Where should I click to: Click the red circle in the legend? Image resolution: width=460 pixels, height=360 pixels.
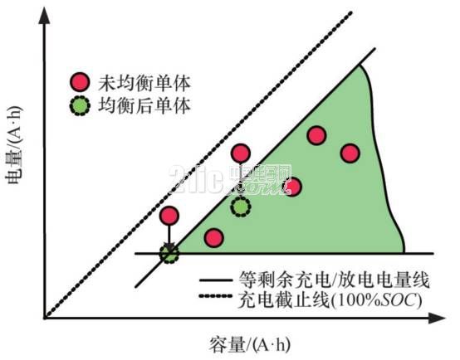80,82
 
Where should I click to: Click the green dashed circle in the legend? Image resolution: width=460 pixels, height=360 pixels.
80,105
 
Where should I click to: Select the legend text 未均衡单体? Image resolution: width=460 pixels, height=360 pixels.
144,83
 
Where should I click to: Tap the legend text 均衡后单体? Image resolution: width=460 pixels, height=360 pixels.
144,106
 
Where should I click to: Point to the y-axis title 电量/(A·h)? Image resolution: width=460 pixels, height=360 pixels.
13,145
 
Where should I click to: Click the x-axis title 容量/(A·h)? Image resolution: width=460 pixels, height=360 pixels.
249,344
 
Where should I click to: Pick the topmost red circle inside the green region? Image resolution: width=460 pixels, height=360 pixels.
317,135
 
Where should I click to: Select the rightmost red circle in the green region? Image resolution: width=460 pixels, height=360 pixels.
350,153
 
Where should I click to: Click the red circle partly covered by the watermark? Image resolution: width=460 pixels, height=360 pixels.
292,187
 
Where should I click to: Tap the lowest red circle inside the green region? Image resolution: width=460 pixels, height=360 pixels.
214,238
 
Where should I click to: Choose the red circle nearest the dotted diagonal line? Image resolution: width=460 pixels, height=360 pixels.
169,215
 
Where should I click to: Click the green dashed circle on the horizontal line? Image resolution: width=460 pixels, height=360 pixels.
169,254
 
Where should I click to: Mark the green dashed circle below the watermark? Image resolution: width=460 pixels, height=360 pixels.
241,207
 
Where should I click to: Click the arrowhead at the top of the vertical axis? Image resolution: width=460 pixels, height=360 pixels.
45,15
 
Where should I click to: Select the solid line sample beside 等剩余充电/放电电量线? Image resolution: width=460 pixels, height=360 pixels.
216,281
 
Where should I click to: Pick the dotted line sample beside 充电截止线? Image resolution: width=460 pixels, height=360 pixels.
216,296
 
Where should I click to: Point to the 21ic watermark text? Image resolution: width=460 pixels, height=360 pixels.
229,179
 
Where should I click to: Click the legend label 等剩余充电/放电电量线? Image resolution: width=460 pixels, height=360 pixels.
335,280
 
